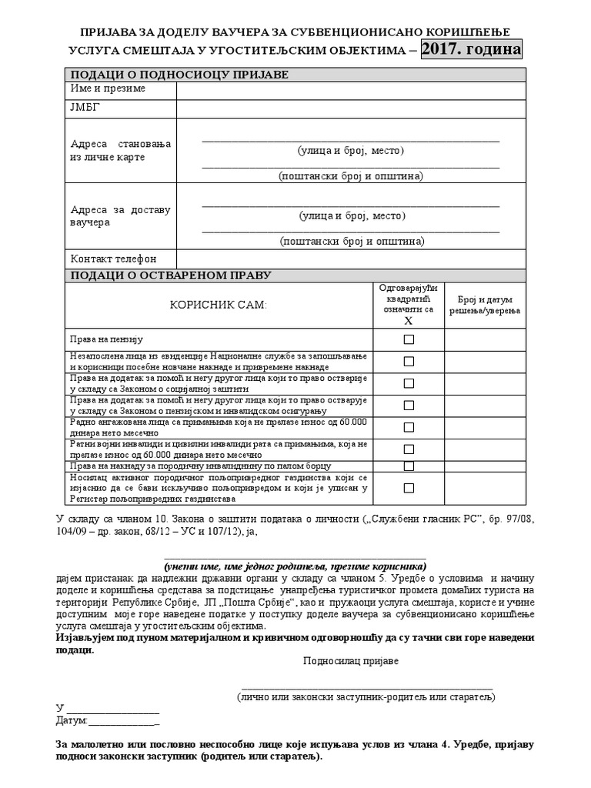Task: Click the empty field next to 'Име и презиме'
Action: [351, 90]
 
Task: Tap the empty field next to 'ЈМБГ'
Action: [351, 109]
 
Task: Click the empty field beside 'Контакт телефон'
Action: [351, 259]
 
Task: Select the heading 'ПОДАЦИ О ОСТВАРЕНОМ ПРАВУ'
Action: [171, 275]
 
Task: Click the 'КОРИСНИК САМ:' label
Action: [218, 306]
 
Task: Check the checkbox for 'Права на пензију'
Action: [409, 339]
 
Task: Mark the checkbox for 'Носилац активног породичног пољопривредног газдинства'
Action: [409, 488]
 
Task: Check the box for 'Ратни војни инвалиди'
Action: [409, 449]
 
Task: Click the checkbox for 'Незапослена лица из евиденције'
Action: [409, 361]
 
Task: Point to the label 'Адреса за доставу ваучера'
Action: [120, 216]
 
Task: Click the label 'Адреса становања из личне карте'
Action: [120, 151]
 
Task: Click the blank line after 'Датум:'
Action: [125, 722]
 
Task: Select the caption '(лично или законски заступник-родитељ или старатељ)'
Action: [366, 696]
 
